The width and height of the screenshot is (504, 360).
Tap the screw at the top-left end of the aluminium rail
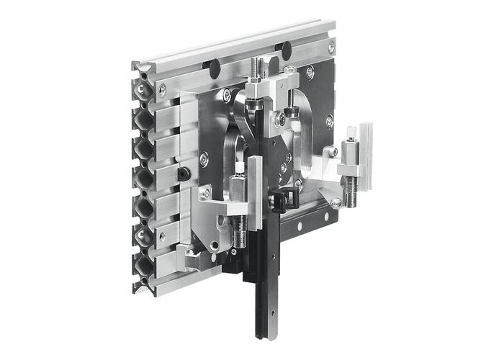162,89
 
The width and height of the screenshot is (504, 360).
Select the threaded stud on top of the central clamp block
256,68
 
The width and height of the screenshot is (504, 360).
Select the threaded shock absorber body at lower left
240,235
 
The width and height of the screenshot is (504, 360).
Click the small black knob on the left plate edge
185,174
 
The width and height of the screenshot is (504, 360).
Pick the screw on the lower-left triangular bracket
205,194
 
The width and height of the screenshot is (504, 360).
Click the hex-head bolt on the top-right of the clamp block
289,71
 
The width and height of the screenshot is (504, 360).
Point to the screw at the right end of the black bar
336,204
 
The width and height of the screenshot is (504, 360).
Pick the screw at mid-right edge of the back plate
329,122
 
